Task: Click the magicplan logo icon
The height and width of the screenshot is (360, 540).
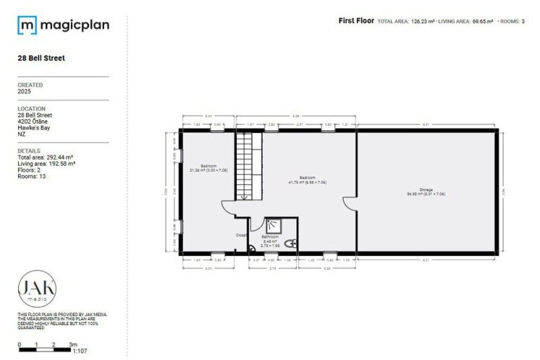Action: pyautogui.click(x=27, y=26)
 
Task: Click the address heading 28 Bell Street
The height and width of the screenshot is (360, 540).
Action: pyautogui.click(x=41, y=58)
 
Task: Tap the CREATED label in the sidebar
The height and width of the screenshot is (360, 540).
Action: pyautogui.click(x=30, y=85)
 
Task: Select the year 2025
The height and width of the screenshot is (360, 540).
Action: pyautogui.click(x=25, y=91)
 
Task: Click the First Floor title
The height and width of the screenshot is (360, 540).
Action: pyautogui.click(x=356, y=21)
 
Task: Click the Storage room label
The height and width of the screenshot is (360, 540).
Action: pyautogui.click(x=425, y=190)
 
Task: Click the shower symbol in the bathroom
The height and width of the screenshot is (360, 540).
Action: pyautogui.click(x=273, y=226)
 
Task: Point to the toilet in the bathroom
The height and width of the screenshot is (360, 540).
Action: pyautogui.click(x=292, y=243)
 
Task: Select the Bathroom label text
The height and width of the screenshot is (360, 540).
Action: pyautogui.click(x=270, y=238)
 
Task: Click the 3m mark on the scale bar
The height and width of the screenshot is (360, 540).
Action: pyautogui.click(x=72, y=345)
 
